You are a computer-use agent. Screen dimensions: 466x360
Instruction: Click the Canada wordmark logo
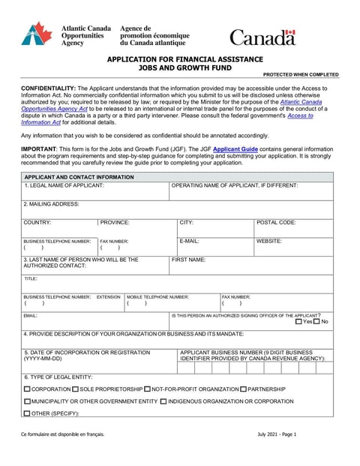[262, 37]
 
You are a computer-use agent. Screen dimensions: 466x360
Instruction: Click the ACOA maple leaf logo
[37, 34]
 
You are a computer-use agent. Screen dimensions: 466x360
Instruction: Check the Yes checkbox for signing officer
[299, 321]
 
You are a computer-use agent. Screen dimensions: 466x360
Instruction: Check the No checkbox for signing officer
[316, 321]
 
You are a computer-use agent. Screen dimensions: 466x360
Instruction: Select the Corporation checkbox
[28, 389]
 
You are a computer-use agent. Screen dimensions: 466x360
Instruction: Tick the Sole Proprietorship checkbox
[76, 389]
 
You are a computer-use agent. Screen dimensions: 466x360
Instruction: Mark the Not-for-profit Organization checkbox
[148, 389]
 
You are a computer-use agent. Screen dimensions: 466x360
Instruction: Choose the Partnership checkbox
[244, 389]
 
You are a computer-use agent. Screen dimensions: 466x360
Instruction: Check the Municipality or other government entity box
[28, 401]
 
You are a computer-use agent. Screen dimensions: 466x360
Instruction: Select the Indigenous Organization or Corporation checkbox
[163, 401]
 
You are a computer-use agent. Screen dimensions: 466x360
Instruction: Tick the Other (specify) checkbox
[28, 413]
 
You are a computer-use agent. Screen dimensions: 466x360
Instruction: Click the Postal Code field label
[276, 223]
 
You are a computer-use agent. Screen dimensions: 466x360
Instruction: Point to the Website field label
[268, 241]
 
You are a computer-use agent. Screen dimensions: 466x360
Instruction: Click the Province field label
[115, 223]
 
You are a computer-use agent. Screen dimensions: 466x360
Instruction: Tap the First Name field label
[188, 260]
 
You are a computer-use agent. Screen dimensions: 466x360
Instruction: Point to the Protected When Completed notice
[301, 75]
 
